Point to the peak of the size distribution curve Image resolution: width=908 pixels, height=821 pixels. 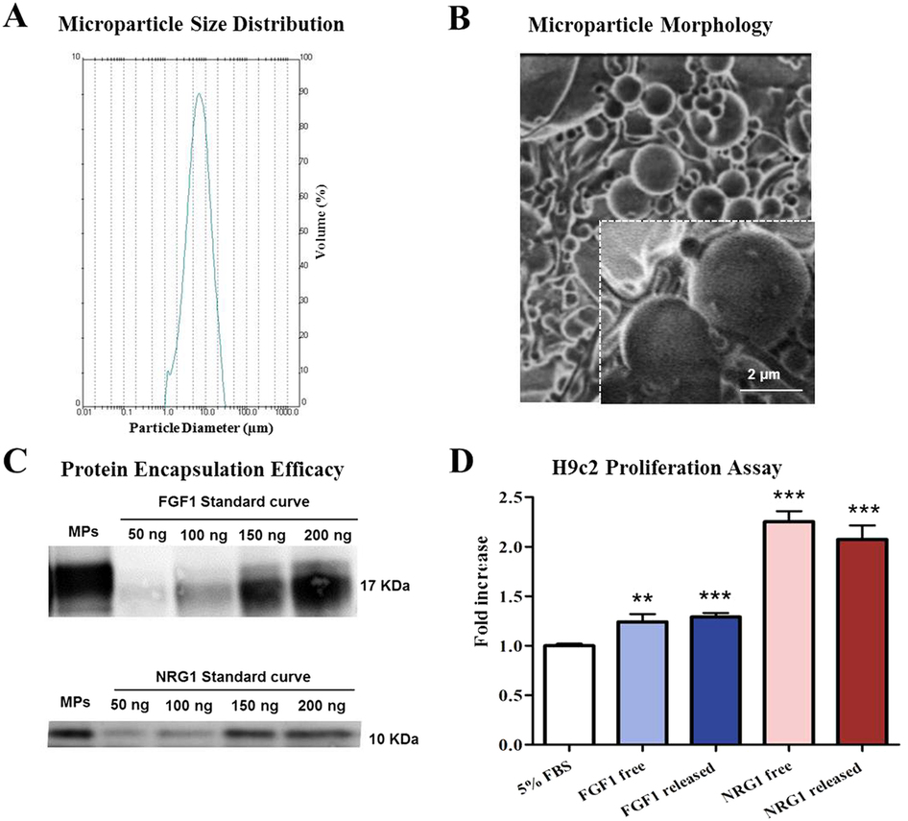click(198, 94)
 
